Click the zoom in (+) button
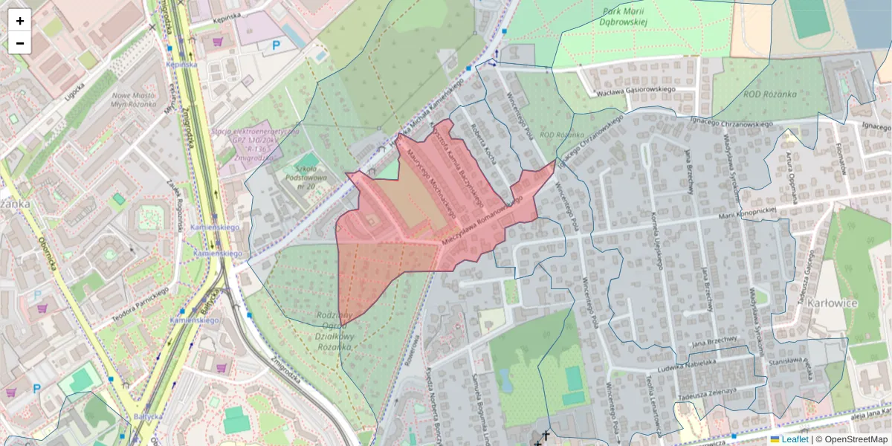20,21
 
